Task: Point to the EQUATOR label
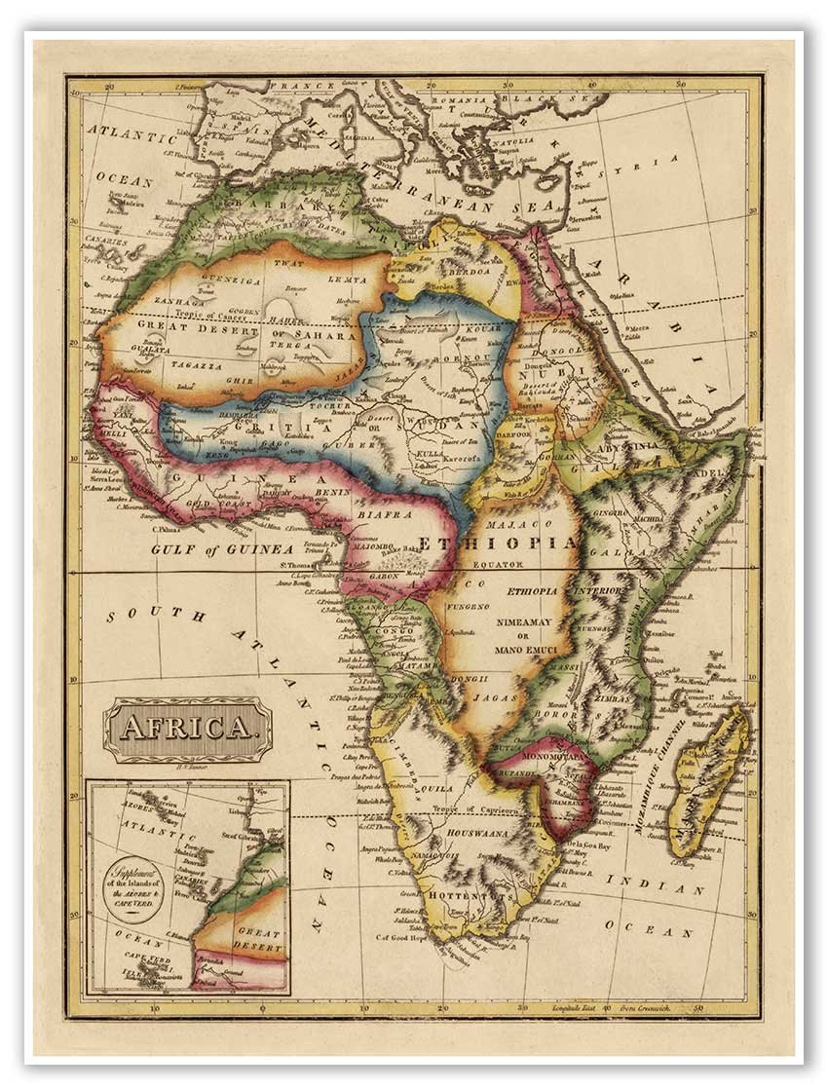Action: click(499, 564)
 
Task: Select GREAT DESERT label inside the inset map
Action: click(258, 937)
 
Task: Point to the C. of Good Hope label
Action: click(401, 937)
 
